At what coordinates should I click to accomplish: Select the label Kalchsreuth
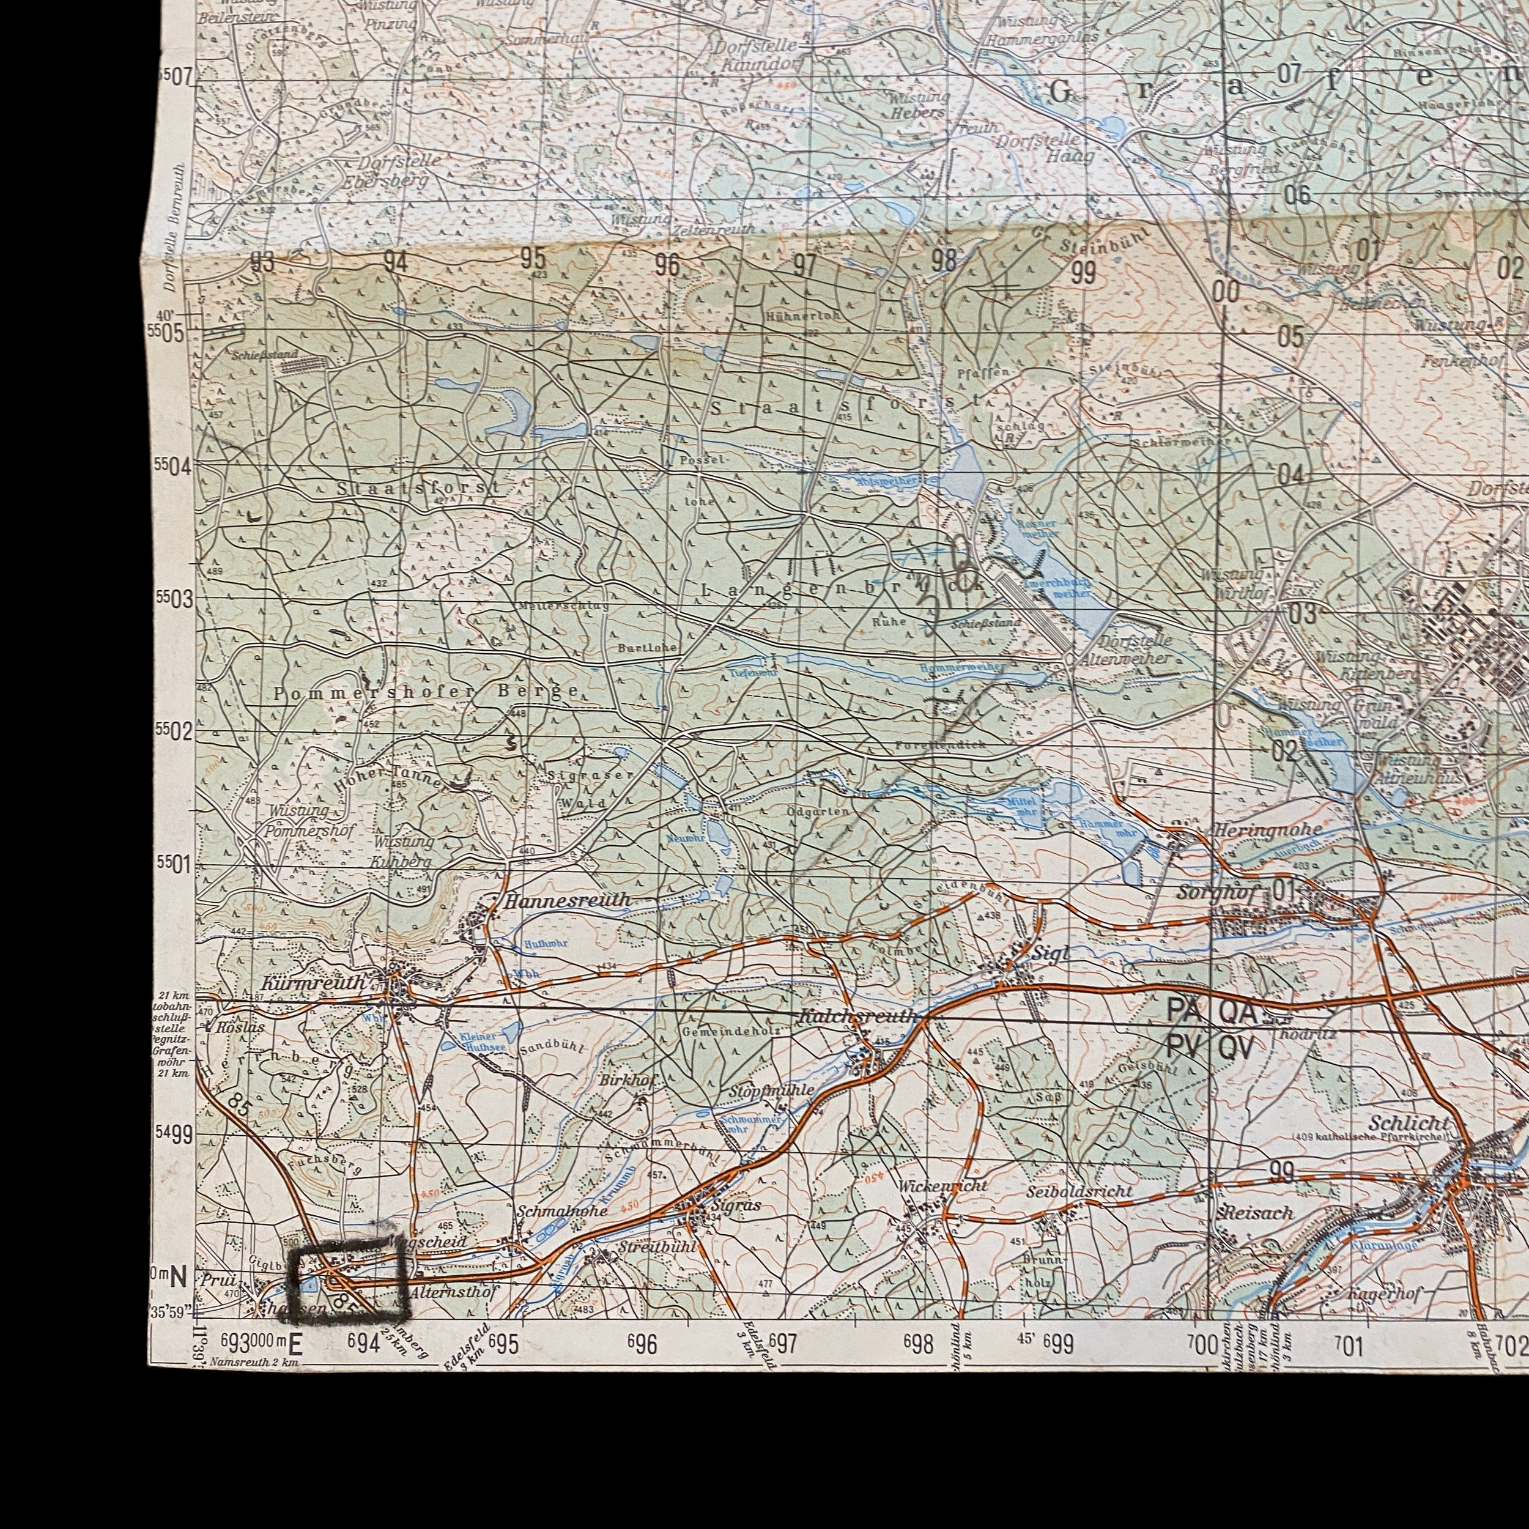[x=858, y=1015]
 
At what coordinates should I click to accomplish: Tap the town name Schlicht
[x=1409, y=1124]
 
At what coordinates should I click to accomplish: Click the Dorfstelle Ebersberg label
[x=393, y=169]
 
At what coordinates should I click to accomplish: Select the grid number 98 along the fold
[x=943, y=259]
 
